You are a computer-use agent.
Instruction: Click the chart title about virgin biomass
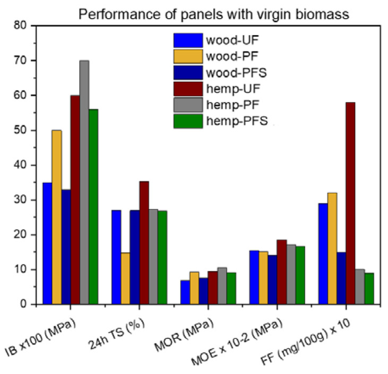pyautogui.click(x=214, y=14)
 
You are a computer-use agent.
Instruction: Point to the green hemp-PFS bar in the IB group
pyautogui.click(x=93, y=207)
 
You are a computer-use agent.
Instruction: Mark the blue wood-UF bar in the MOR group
pyautogui.click(x=185, y=292)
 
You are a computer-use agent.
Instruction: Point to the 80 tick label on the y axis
pyautogui.click(x=20, y=25)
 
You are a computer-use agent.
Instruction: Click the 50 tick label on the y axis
pyautogui.click(x=20, y=130)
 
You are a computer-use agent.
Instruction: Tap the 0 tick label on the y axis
pyautogui.click(x=23, y=305)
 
